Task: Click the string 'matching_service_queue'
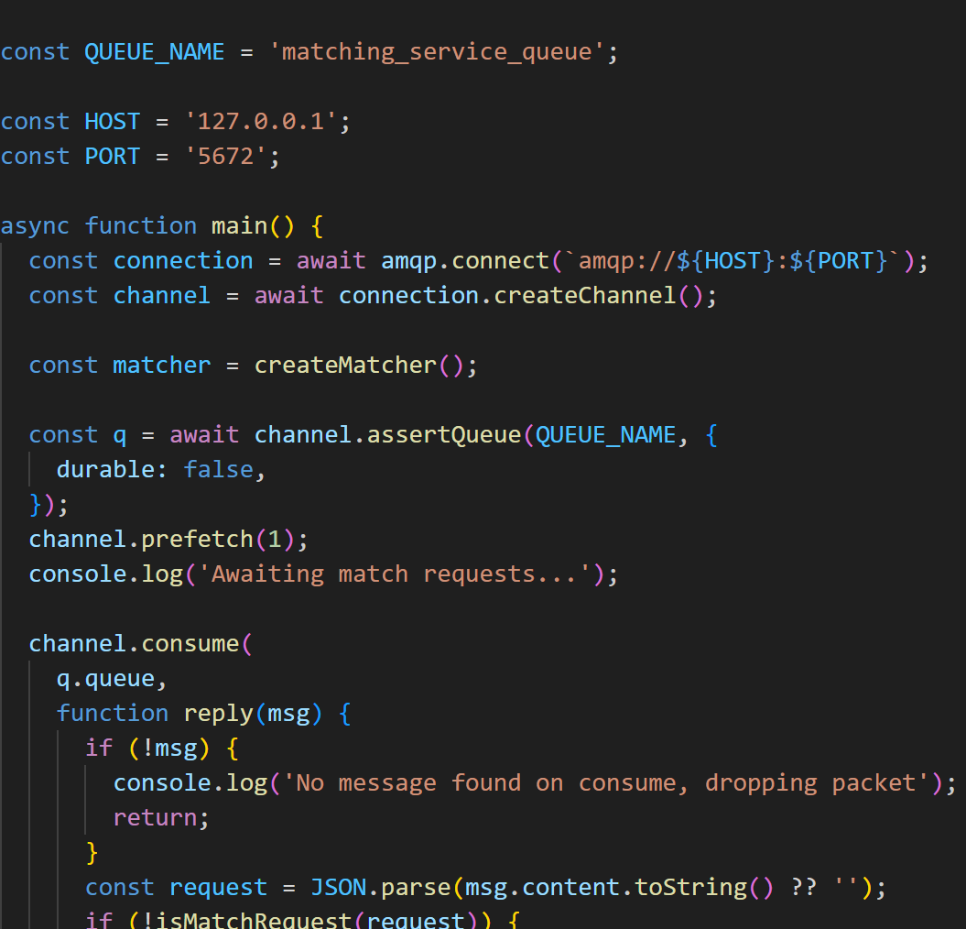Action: [x=438, y=52]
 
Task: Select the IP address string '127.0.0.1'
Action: [x=254, y=122]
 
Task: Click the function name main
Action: [x=240, y=226]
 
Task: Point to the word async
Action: [x=35, y=226]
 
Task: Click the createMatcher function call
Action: [x=346, y=366]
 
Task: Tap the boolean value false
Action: [x=218, y=470]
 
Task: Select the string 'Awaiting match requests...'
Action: [x=395, y=574]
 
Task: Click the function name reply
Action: [x=218, y=714]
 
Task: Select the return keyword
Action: [x=155, y=818]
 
